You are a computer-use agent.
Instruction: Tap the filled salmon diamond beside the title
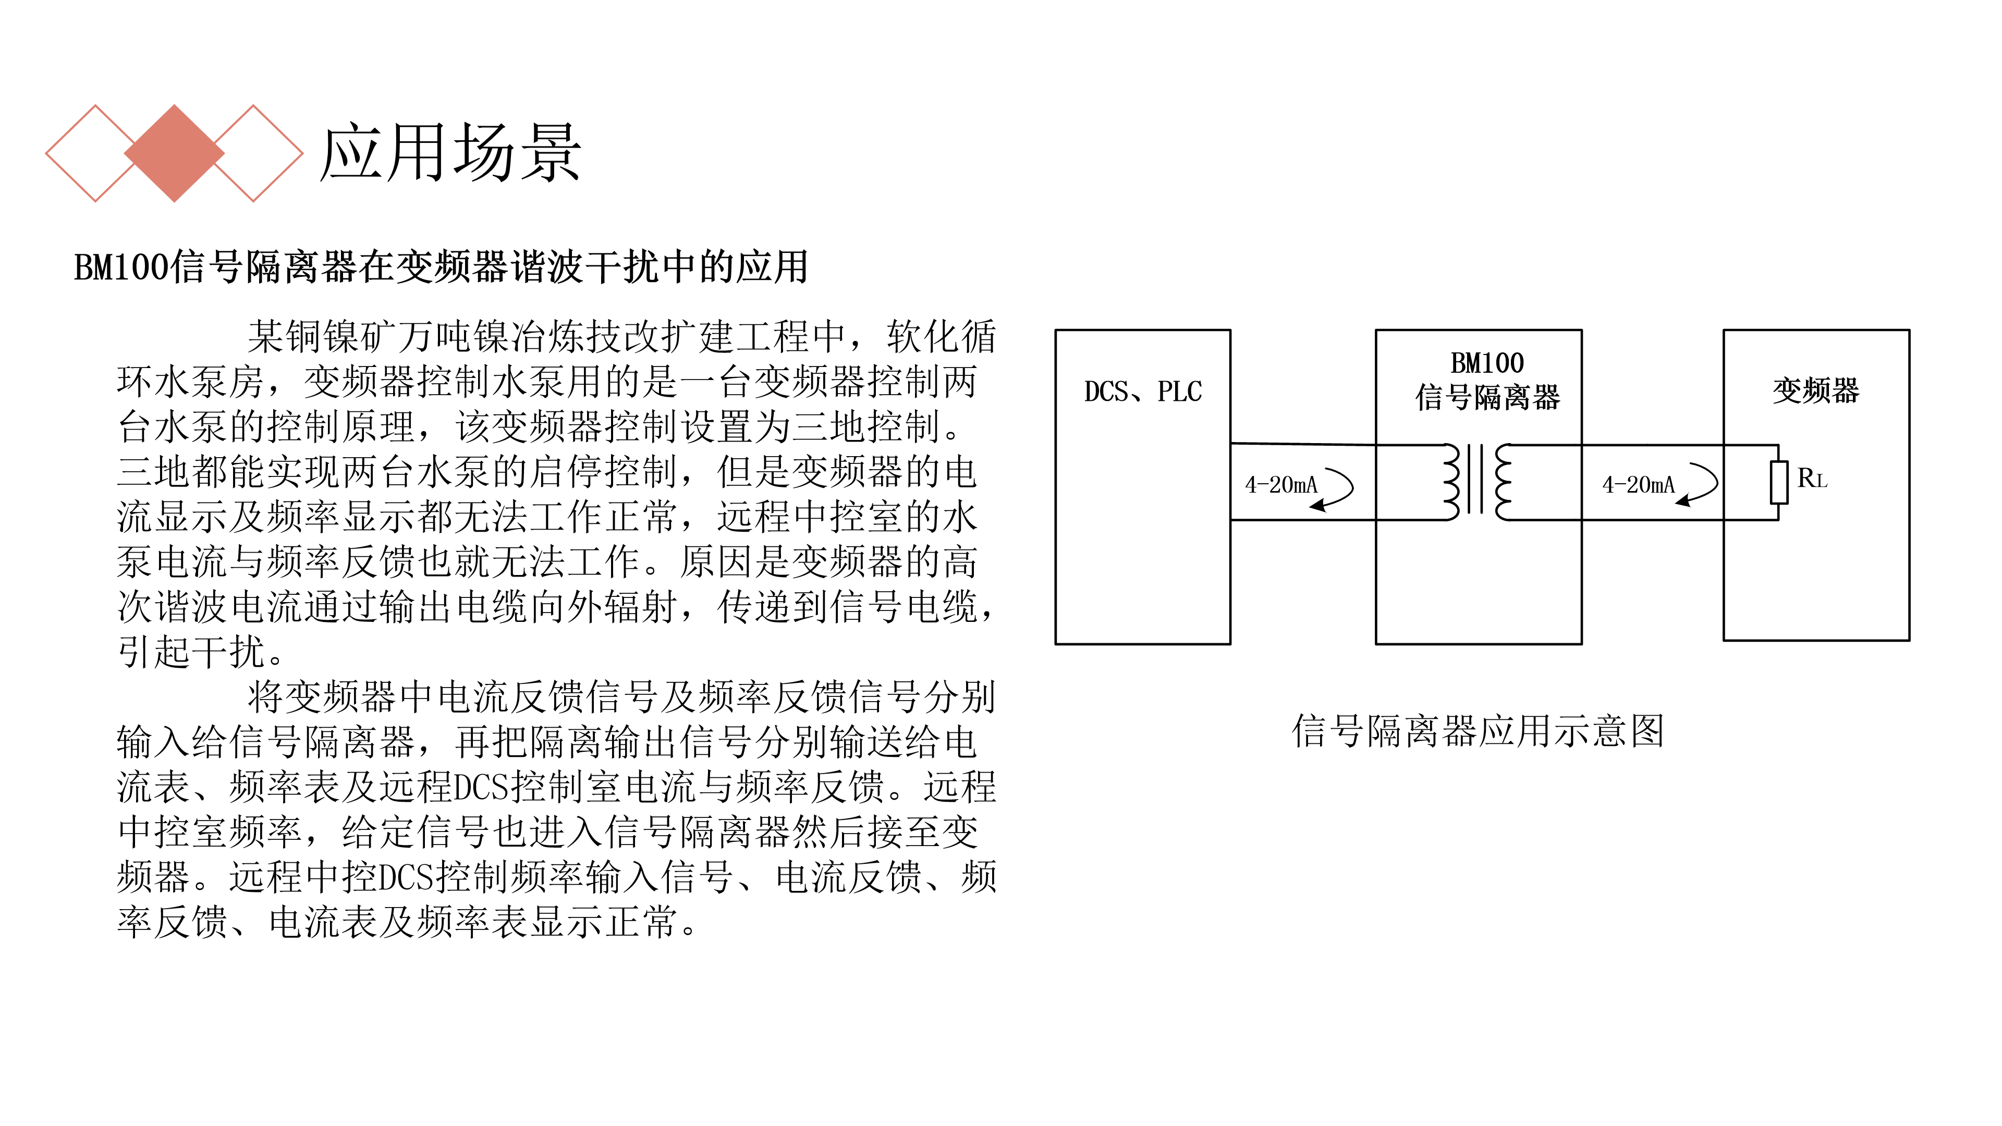pyautogui.click(x=174, y=153)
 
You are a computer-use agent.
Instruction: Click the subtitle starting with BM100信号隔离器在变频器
pyautogui.click(x=441, y=266)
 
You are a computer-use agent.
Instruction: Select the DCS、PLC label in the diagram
pyautogui.click(x=1142, y=391)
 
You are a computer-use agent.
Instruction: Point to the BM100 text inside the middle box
pyautogui.click(x=1487, y=363)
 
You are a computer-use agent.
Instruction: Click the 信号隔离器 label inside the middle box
pyautogui.click(x=1487, y=397)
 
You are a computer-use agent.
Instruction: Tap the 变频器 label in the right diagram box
pyautogui.click(x=1815, y=390)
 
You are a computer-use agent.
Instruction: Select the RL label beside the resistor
pyautogui.click(x=1812, y=478)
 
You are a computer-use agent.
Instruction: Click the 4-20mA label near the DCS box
pyautogui.click(x=1281, y=485)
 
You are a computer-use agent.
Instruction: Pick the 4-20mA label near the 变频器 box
pyautogui.click(x=1638, y=485)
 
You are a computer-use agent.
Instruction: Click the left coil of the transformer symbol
pyautogui.click(x=1451, y=482)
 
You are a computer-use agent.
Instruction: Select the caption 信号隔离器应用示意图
pyautogui.click(x=1478, y=731)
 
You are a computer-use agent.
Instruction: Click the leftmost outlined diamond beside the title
pyautogui.click(x=95, y=153)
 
